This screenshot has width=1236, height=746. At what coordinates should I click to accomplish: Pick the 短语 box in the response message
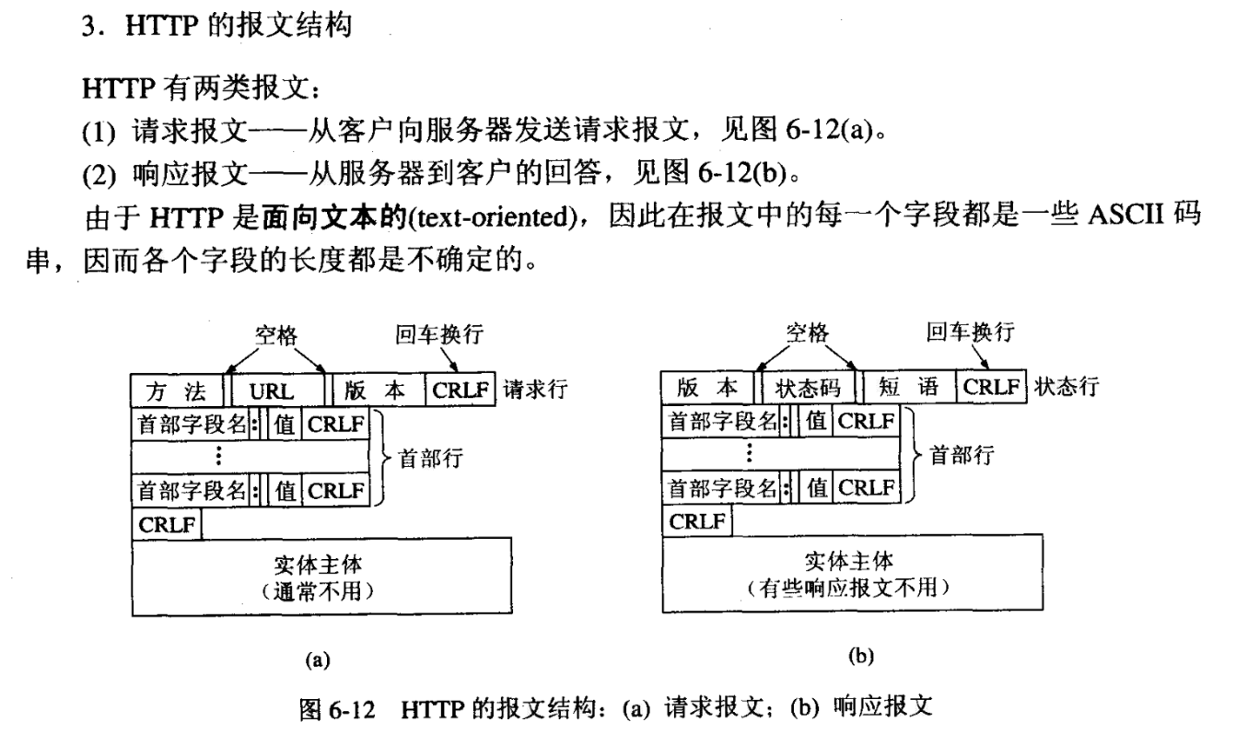tap(907, 389)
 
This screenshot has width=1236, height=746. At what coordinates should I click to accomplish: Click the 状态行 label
tap(1066, 388)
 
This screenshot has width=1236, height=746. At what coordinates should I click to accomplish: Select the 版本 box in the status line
tap(707, 389)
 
